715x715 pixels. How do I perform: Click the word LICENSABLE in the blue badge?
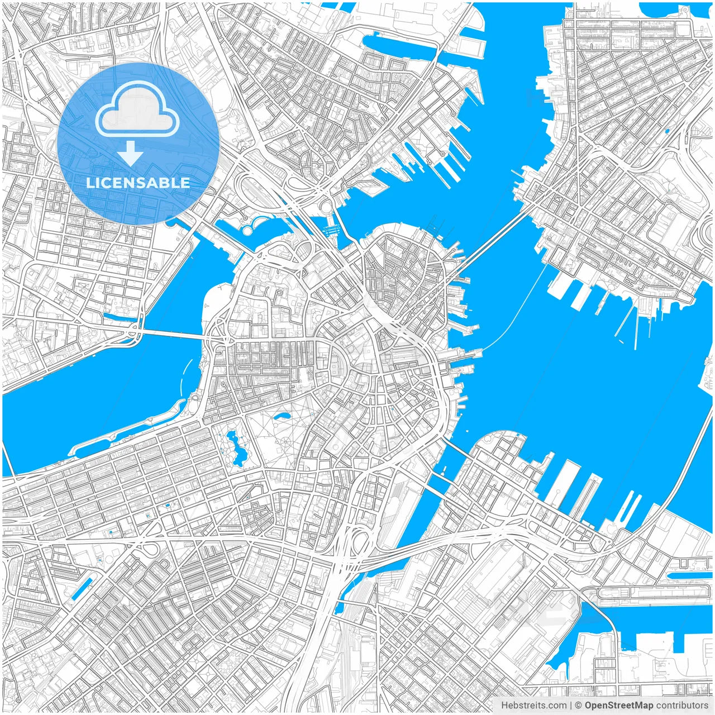click(138, 183)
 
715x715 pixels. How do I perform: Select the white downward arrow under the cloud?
click(131, 153)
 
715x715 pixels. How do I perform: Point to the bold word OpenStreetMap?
click(618, 706)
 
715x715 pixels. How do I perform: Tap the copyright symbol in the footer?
click(579, 706)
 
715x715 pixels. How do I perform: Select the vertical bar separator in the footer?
click(571, 706)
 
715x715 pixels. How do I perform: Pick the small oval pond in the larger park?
click(281, 416)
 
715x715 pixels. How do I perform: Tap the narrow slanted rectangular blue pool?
click(82, 589)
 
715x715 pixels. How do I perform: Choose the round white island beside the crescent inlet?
click(246, 230)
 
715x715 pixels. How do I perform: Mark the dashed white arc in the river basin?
click(183, 375)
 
